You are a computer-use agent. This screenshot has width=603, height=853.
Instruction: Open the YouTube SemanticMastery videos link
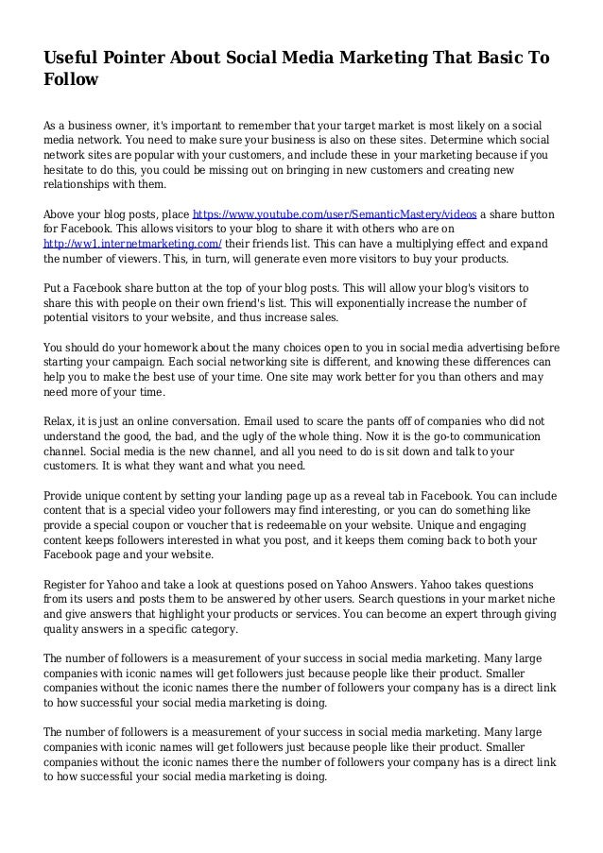pyautogui.click(x=335, y=213)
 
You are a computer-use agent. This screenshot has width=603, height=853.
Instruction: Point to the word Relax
pyautogui.click(x=62, y=419)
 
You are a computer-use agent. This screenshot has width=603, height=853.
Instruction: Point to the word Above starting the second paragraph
pyautogui.click(x=64, y=213)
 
